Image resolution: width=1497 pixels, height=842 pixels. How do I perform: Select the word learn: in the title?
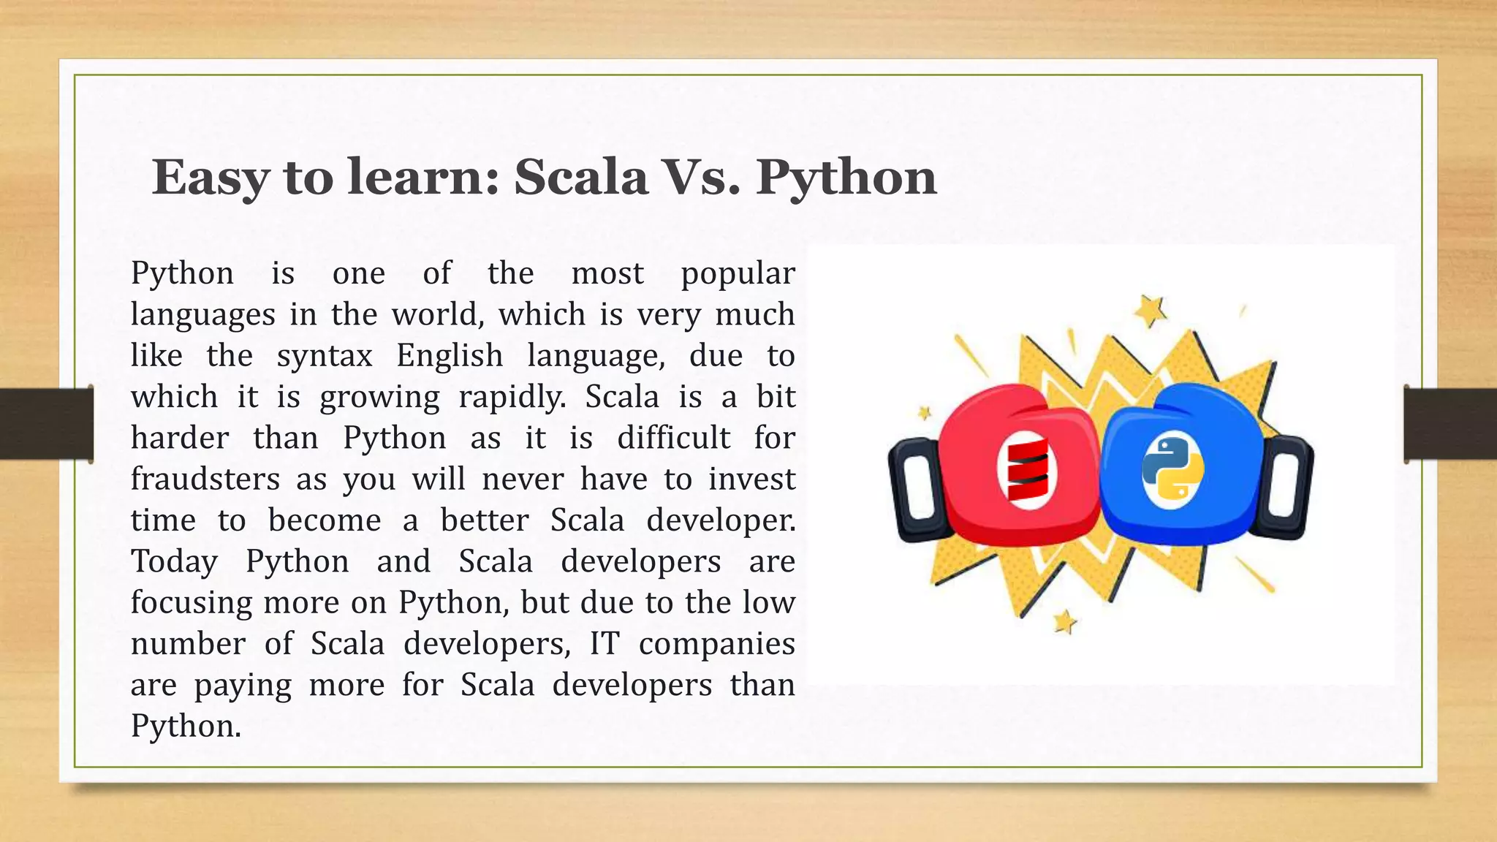[423, 178]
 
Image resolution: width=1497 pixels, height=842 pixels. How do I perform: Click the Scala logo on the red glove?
[1027, 469]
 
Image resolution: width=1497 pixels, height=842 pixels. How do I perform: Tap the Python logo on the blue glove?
[1172, 469]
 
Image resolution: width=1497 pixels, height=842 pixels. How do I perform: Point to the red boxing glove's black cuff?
[914, 490]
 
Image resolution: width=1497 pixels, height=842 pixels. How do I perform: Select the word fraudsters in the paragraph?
[205, 479]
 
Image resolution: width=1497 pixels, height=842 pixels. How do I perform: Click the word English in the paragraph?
[450, 356]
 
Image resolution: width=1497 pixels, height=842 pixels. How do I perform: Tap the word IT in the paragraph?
[605, 644]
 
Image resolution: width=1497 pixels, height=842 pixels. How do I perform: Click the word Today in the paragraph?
[174, 561]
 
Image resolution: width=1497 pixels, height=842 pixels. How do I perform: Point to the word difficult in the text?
[673, 439]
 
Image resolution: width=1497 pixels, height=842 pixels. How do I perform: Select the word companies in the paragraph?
[716, 644]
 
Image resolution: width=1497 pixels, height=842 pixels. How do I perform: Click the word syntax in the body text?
[325, 356]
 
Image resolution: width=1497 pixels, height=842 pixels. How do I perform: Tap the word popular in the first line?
[738, 273]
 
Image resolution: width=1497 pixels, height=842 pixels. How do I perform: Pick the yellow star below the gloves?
[1065, 622]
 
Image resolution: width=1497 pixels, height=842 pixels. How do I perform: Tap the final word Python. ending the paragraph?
[186, 726]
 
